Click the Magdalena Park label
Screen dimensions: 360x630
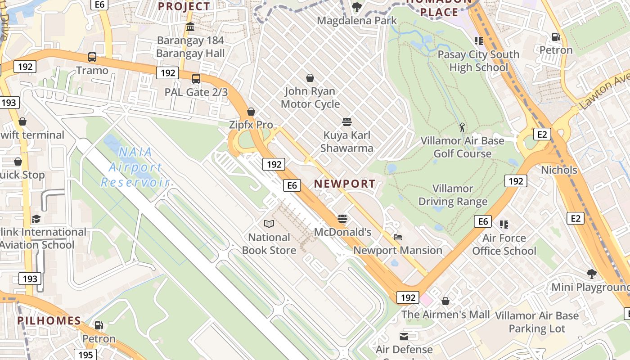[x=357, y=20]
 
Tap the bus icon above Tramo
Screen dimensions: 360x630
[x=92, y=57]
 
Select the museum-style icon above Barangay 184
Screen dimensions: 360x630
[x=190, y=27]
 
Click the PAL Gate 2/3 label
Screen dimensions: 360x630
[x=196, y=92]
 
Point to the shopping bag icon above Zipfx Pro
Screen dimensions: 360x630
[x=251, y=112]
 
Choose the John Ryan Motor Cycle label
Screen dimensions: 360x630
[x=310, y=97]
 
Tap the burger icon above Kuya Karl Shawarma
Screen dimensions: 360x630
[x=346, y=122]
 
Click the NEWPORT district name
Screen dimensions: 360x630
[x=345, y=184]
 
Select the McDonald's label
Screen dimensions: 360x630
[x=342, y=232]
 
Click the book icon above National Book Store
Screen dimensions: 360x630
[x=269, y=224]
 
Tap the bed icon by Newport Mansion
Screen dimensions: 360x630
[x=397, y=237]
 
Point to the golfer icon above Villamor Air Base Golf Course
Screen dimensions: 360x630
[x=462, y=127]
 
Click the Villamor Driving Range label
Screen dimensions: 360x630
[x=453, y=195]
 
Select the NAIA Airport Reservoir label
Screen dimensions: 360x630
[x=135, y=167]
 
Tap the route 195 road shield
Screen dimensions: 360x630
[x=85, y=355]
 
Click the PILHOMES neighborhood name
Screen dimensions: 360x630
[x=49, y=321]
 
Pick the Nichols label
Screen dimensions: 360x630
[x=559, y=170]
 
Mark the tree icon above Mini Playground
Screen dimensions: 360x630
[x=591, y=274]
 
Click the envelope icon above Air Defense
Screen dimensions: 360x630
[x=404, y=336]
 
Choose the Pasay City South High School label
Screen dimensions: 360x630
[x=478, y=61]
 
